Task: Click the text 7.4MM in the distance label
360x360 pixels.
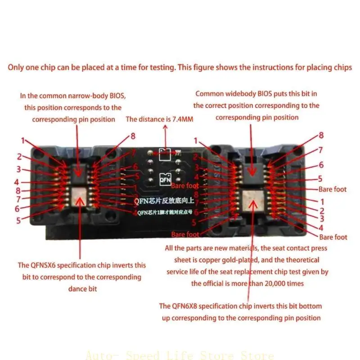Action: point(183,119)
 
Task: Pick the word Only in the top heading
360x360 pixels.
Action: point(16,67)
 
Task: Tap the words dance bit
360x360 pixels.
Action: point(83,288)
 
